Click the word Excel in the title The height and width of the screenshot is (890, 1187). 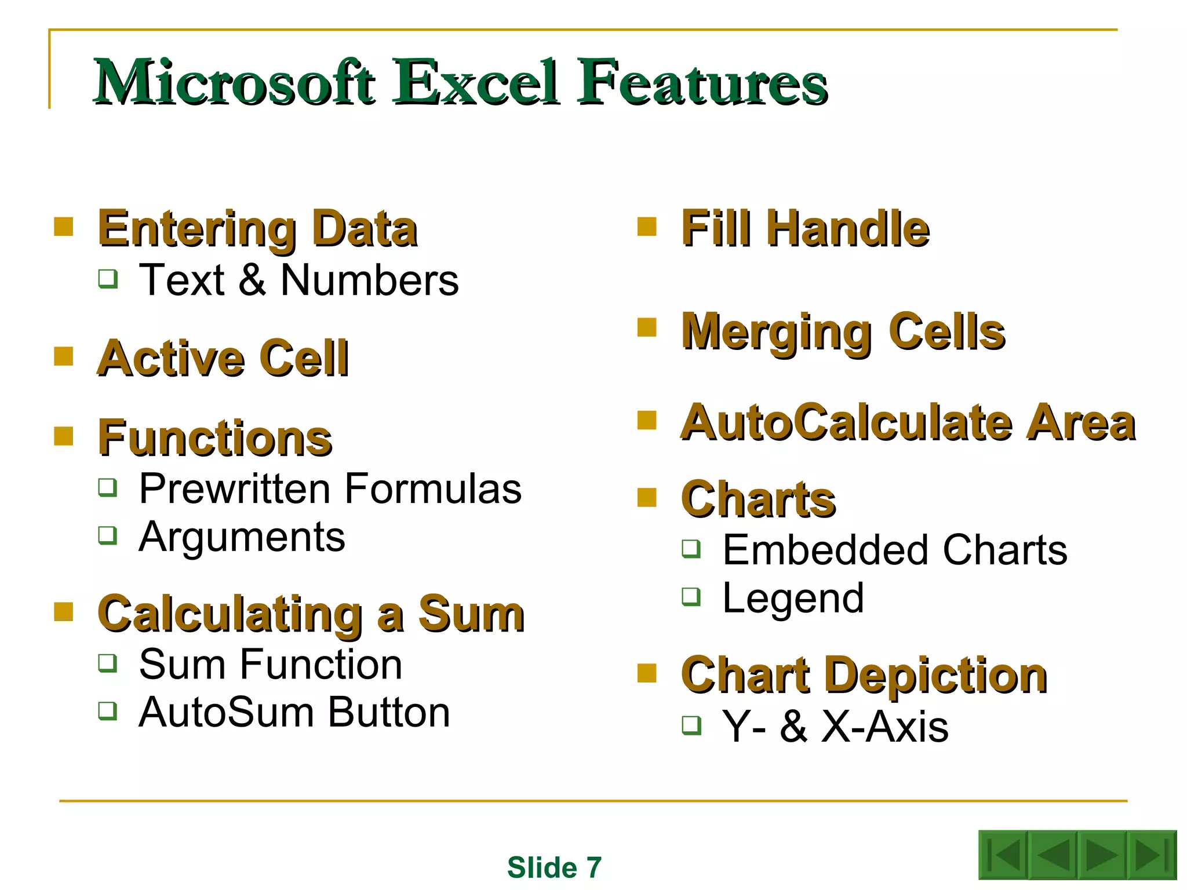[476, 82]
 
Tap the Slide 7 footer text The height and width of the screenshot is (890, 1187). [554, 867]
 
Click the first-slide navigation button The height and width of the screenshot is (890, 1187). [1003, 855]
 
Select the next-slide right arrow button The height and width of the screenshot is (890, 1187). [1101, 855]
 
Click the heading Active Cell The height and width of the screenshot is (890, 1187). [223, 358]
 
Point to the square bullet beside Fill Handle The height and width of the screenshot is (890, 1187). [646, 227]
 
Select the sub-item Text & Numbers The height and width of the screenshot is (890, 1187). [298, 280]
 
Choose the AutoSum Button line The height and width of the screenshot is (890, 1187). [294, 712]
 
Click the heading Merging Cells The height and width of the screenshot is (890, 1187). [843, 331]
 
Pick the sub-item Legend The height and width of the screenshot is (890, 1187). [793, 598]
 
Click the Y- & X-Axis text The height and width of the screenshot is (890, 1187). [835, 727]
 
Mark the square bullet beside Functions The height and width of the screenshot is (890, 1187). [64, 436]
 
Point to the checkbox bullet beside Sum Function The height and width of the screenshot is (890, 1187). [108, 662]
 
